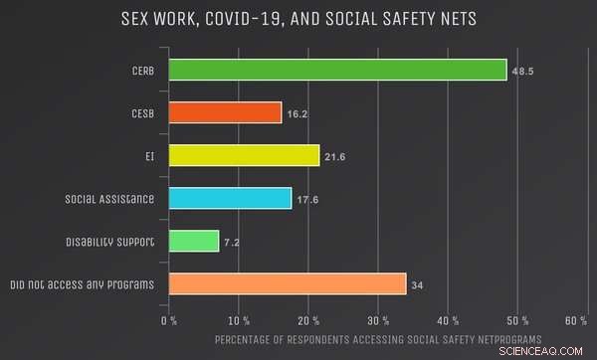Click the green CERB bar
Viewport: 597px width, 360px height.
(337, 70)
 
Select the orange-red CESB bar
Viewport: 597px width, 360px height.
(225, 113)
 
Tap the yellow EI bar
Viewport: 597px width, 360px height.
(244, 156)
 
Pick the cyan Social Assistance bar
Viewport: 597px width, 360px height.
(230, 199)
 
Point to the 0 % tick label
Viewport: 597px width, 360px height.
(169, 320)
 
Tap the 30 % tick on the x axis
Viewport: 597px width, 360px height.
(378, 320)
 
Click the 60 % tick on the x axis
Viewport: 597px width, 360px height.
(574, 320)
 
